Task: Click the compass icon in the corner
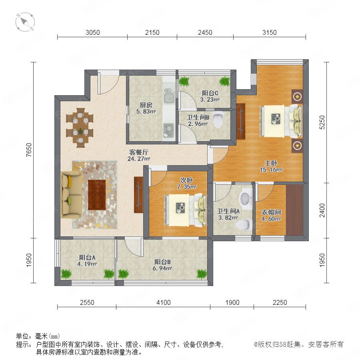pos(25,22)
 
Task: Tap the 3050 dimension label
pos(92,32)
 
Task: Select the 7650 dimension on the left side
pos(29,150)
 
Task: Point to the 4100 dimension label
pos(164,302)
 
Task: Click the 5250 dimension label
pos(322,122)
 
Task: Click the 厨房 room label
pos(146,105)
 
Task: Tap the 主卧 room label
pos(271,163)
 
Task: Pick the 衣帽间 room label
pos(271,212)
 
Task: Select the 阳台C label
pos(210,93)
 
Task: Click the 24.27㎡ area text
pos(139,159)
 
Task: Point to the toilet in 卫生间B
pos(218,119)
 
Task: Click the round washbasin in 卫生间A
pos(245,198)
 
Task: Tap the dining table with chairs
pos(80,128)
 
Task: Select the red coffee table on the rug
pos(97,195)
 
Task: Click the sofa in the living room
pos(71,195)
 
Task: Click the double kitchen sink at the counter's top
pos(169,96)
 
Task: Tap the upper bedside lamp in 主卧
pos(297,96)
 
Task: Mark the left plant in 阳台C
pos(184,81)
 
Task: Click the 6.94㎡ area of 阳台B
pos(162,268)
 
